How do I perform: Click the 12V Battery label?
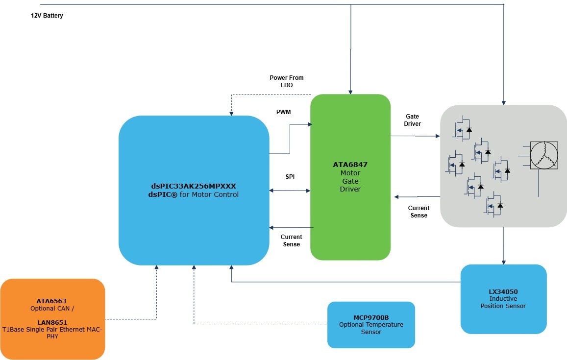[x=47, y=16]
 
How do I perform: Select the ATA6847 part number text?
[x=350, y=165]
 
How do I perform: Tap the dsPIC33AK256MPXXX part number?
[x=194, y=186]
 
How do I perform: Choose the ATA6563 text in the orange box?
[x=51, y=301]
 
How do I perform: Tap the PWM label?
[x=283, y=112]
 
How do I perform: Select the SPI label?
[x=290, y=176]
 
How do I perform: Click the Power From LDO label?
[x=287, y=81]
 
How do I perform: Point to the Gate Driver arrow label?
[x=412, y=120]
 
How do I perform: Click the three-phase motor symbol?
[x=544, y=155]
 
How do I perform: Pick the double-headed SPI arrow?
[x=290, y=191]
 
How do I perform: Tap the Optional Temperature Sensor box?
[x=371, y=325]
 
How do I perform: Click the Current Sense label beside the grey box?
[x=419, y=212]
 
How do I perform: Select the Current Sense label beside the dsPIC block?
[x=291, y=240]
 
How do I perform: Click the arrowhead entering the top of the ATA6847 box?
[x=350, y=91]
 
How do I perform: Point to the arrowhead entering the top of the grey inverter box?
[x=503, y=102]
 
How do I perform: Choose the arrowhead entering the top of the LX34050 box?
[x=503, y=262]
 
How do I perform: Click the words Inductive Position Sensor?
[x=503, y=302]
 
